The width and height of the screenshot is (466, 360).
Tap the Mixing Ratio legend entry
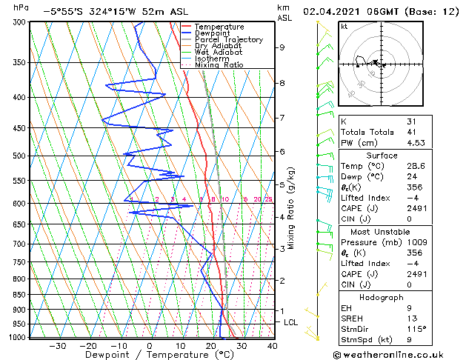point(219,65)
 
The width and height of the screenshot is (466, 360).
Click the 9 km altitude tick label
point(282,47)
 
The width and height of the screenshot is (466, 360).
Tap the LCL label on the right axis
point(290,323)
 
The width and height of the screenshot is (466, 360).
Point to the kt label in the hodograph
point(344,27)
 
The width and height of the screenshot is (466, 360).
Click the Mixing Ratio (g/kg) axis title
point(291,207)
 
